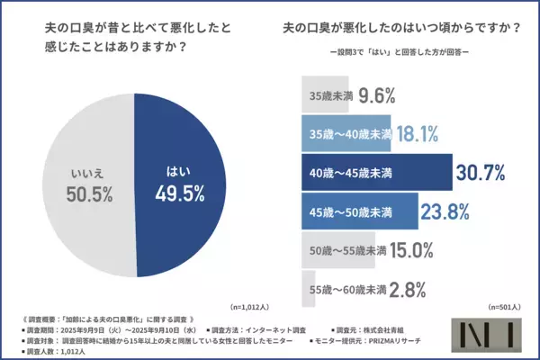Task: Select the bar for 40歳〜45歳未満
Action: (x=373, y=172)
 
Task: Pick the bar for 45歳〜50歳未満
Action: (x=356, y=212)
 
